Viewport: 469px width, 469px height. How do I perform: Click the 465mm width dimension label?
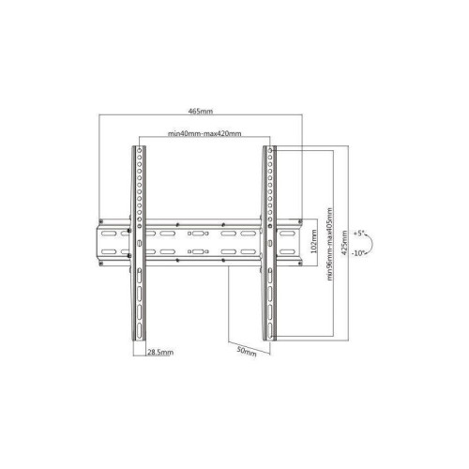[x=201, y=111]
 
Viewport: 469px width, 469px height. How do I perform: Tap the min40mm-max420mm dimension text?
[x=204, y=133]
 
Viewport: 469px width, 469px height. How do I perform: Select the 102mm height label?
[x=314, y=241]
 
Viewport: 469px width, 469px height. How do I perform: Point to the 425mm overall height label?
[x=344, y=243]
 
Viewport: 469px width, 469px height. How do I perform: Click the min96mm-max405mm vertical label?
[x=329, y=244]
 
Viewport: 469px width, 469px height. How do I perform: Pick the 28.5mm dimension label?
[x=160, y=353]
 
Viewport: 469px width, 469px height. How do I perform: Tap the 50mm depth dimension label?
[x=247, y=351]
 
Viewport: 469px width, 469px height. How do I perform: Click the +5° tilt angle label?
[x=359, y=234]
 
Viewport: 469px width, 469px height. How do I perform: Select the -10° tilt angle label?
[x=358, y=253]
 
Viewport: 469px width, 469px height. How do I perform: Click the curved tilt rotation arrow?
[x=371, y=243]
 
